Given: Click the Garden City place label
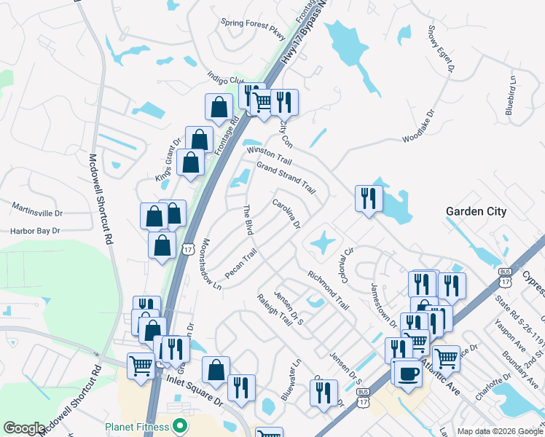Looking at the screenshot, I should tap(476, 212).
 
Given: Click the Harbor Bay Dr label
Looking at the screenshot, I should tap(34, 231).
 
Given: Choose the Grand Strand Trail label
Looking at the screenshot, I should tap(285, 178).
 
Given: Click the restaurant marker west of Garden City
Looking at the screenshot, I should tap(369, 198).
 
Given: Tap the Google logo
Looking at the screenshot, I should tap(23, 428).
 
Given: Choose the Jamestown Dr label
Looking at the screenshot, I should tap(383, 304).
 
